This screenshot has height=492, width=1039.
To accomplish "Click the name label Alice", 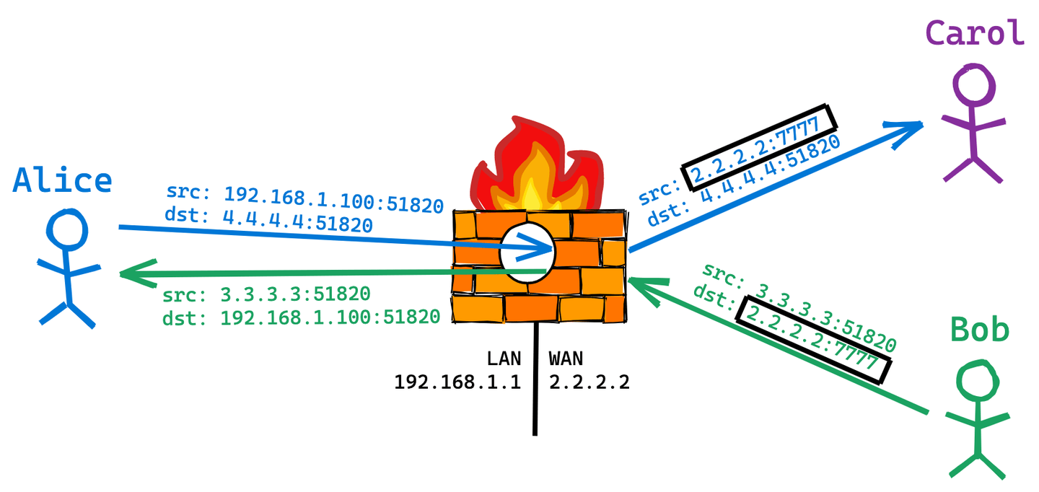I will tap(63, 180).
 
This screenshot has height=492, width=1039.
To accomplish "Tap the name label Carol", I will tap(975, 33).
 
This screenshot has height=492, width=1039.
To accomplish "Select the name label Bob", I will tap(979, 330).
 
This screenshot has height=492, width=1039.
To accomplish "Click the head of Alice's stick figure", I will tap(67, 229).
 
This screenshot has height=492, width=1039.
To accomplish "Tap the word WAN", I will tap(566, 359).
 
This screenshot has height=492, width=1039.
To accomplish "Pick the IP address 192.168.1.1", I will tap(457, 382).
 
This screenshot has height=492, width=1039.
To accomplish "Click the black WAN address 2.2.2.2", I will tap(589, 382).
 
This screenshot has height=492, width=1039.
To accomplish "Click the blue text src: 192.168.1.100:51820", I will tap(304, 199).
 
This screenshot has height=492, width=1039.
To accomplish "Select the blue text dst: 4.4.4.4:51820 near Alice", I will tap(269, 221).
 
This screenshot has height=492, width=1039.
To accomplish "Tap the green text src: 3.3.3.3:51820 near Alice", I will tap(266, 295).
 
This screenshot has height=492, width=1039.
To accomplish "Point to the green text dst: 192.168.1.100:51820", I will tap(301, 317).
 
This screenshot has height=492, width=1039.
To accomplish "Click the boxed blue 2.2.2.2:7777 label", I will tap(759, 147).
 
